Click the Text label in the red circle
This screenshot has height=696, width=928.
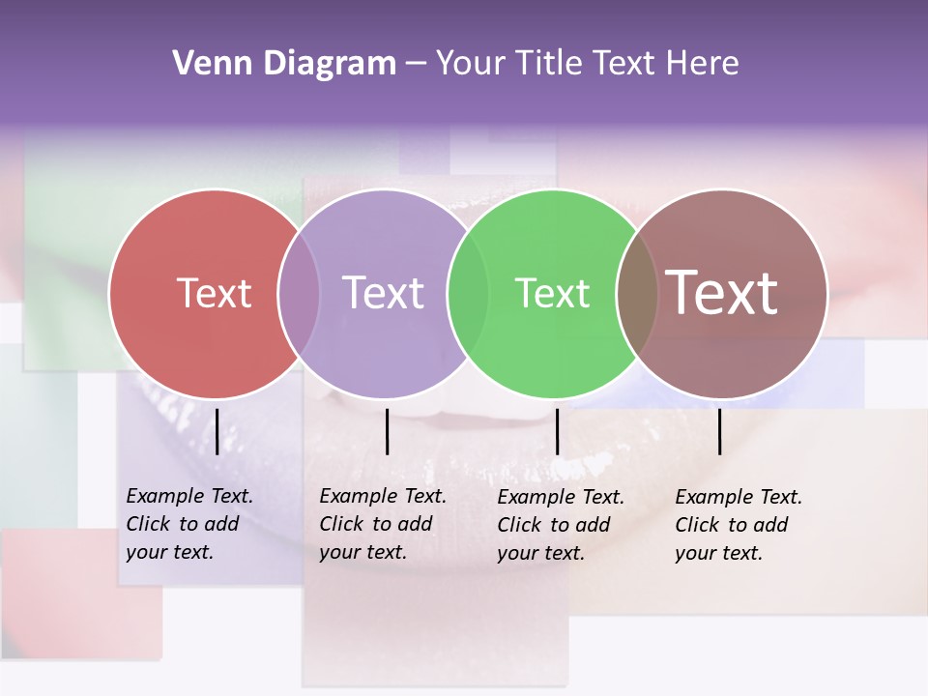tap(214, 293)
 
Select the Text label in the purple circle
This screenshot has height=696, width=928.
tap(383, 293)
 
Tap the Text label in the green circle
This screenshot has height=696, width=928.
tap(552, 293)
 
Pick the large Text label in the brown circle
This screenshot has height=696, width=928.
tap(722, 293)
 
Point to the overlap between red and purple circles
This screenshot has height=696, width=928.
tap(299, 293)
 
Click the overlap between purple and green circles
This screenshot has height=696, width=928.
tap(468, 293)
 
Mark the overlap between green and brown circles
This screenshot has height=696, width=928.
tap(637, 293)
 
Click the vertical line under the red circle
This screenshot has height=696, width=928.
tap(217, 431)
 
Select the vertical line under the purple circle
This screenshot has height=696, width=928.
tap(387, 431)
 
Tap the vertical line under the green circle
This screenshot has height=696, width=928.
tap(557, 431)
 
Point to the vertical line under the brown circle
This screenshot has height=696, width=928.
tap(719, 431)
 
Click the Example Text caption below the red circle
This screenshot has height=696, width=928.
tap(189, 524)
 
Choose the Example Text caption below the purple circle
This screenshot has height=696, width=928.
tap(383, 524)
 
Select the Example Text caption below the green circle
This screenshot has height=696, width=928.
tap(561, 525)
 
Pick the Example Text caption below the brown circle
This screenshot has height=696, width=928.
tap(739, 525)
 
